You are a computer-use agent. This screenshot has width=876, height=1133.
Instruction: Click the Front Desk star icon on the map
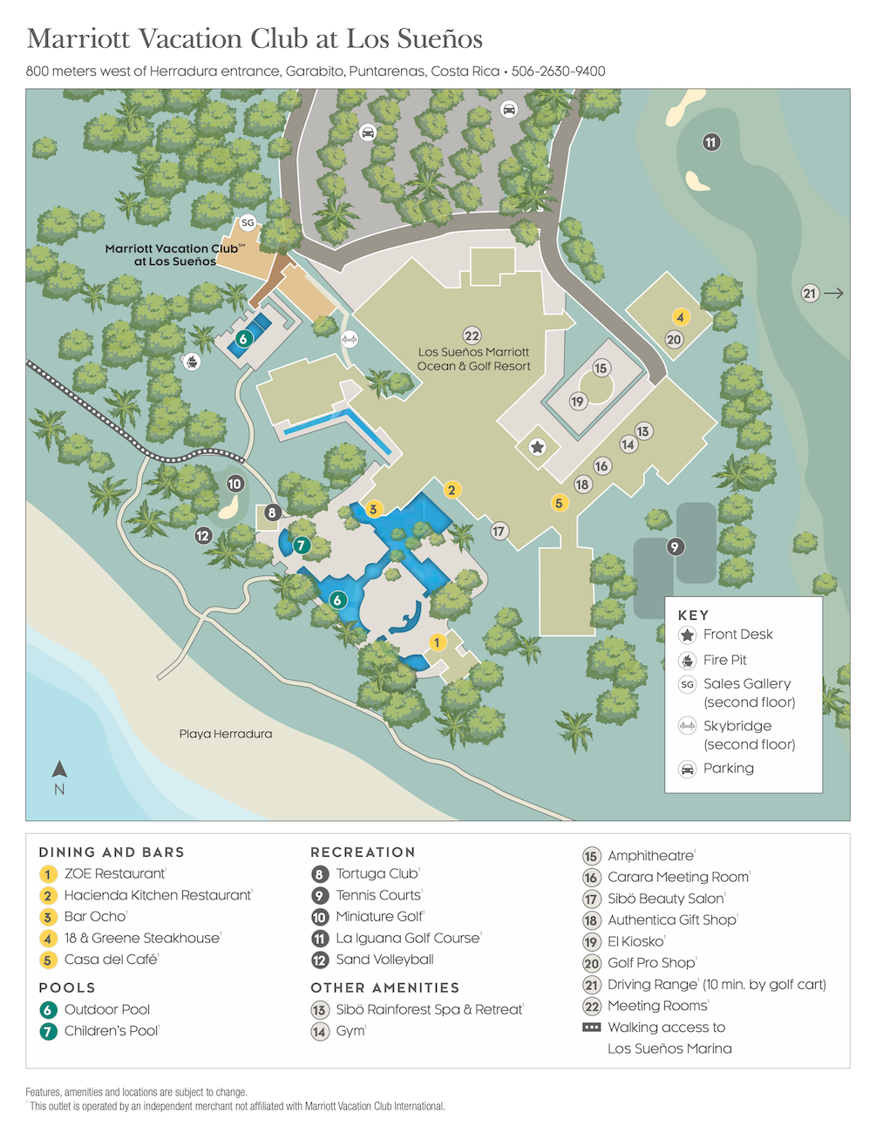pyautogui.click(x=538, y=447)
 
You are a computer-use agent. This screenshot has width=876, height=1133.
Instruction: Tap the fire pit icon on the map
pyautogui.click(x=191, y=360)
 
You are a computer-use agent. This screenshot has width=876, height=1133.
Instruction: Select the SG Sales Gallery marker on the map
pyautogui.click(x=248, y=223)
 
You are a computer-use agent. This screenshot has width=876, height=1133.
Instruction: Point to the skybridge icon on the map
pyautogui.click(x=349, y=338)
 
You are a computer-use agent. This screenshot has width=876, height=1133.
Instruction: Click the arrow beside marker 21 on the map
pyautogui.click(x=833, y=294)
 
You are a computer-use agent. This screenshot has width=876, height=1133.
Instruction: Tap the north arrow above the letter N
pyautogui.click(x=59, y=769)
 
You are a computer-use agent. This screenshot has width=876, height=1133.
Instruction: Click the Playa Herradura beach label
pyautogui.click(x=226, y=734)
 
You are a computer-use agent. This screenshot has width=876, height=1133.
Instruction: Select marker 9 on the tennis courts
pyautogui.click(x=675, y=546)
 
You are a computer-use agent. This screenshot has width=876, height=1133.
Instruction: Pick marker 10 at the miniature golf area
pyautogui.click(x=234, y=484)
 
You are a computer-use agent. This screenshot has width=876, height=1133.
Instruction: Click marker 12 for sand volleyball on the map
pyautogui.click(x=203, y=535)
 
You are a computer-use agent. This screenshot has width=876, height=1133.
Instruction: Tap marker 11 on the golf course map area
pyautogui.click(x=711, y=142)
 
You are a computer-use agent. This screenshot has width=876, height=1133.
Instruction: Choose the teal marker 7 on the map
pyautogui.click(x=302, y=545)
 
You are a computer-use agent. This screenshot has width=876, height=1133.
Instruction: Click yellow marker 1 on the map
pyautogui.click(x=438, y=642)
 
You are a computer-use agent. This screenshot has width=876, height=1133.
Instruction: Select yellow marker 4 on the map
pyautogui.click(x=680, y=317)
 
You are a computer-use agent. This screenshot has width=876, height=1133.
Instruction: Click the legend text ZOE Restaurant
pyautogui.click(x=114, y=873)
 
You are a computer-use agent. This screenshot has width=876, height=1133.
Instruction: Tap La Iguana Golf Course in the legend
pyautogui.click(x=408, y=938)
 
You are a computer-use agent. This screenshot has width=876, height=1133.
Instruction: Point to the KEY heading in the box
pyautogui.click(x=693, y=615)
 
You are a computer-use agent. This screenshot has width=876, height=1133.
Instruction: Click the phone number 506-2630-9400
pyautogui.click(x=558, y=71)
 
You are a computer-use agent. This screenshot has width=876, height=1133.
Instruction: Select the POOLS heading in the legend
pyautogui.click(x=67, y=987)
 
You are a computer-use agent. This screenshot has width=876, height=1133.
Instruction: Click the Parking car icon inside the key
pyautogui.click(x=688, y=769)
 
